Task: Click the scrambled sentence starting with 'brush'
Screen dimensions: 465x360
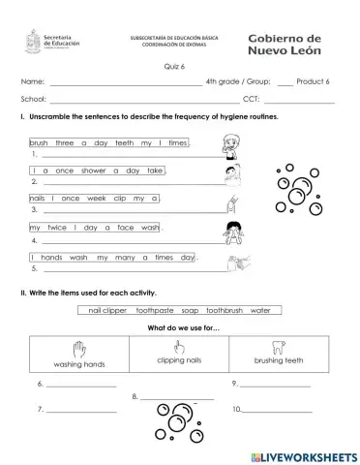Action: click(108, 142)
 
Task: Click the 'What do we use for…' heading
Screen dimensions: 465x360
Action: click(180, 326)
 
